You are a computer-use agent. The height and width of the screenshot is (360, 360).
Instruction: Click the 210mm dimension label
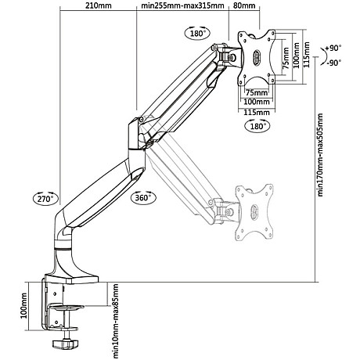point(98,8)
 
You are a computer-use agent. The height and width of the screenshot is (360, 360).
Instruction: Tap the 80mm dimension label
point(244,8)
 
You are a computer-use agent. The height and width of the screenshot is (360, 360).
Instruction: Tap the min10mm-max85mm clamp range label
point(115,318)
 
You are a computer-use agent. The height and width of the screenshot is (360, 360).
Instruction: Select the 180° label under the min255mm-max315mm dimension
point(196,33)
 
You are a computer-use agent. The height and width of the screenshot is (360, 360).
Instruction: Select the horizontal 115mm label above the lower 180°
point(257,110)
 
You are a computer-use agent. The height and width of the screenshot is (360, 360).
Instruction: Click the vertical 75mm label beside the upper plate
point(286,57)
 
